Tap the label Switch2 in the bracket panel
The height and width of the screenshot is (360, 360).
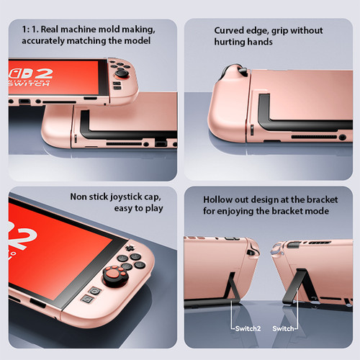pyautogui.click(x=248, y=328)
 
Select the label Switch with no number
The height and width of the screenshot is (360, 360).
pyautogui.click(x=283, y=328)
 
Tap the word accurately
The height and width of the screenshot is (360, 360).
pyautogui.click(x=43, y=41)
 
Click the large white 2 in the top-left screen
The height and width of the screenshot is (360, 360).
pyautogui.click(x=43, y=73)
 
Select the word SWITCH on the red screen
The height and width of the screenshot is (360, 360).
pyautogui.click(x=30, y=84)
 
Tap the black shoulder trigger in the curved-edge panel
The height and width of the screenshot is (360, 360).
pyautogui.click(x=243, y=71)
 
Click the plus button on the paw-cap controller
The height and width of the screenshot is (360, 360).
pyautogui.click(x=129, y=248)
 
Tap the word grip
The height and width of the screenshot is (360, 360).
pyautogui.click(x=279, y=31)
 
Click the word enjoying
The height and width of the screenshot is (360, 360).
pyautogui.click(x=235, y=212)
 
